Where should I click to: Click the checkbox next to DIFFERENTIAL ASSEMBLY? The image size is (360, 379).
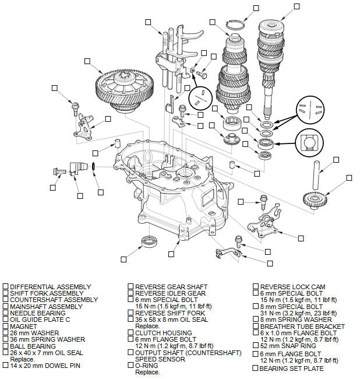coord(5,287)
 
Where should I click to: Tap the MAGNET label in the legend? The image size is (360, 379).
coord(24,326)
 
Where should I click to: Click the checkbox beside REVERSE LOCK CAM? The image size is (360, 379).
coord(256,287)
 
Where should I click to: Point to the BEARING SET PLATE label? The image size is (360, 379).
coord(292,369)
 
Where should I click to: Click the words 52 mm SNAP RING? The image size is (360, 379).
coord(285,346)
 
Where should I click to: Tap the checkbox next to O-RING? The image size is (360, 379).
coord(130,366)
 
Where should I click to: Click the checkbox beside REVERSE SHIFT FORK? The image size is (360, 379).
coord(130,313)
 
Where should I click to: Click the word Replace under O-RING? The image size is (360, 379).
coord(147,371)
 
